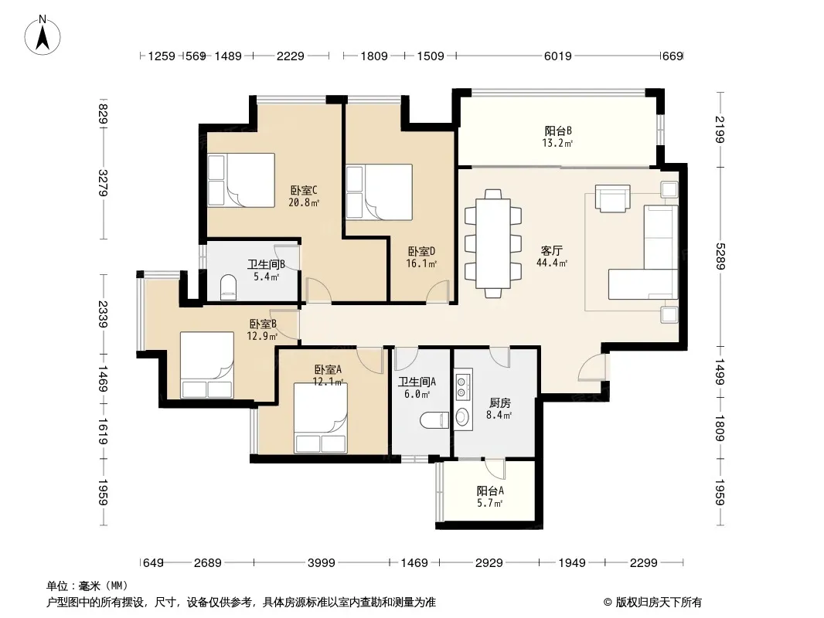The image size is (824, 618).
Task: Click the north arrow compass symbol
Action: click(43, 36)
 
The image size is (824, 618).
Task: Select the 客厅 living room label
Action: click(551, 250)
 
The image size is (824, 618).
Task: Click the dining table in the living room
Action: click(493, 243)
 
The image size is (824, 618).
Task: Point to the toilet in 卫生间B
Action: click(228, 287)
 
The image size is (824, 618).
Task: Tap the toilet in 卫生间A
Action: click(434, 420)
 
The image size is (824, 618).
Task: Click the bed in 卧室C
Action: click(241, 180)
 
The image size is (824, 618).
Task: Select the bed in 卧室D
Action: click(379, 192)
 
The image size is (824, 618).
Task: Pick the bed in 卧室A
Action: click(320, 418)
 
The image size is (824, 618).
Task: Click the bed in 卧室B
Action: click(207, 365)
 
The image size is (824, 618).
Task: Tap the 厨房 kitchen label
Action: click(500, 402)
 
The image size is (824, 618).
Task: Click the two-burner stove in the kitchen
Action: click(462, 385)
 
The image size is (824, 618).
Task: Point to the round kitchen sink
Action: click(461, 417)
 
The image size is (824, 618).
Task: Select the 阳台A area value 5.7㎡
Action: click(490, 503)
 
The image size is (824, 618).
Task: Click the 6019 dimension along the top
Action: click(557, 56)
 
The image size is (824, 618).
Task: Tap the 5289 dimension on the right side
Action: click(720, 256)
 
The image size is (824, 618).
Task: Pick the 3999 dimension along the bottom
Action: click(321, 563)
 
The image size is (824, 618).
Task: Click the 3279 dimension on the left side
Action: click(103, 183)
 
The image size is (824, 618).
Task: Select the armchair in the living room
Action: click(612, 198)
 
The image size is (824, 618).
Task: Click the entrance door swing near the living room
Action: click(592, 366)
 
